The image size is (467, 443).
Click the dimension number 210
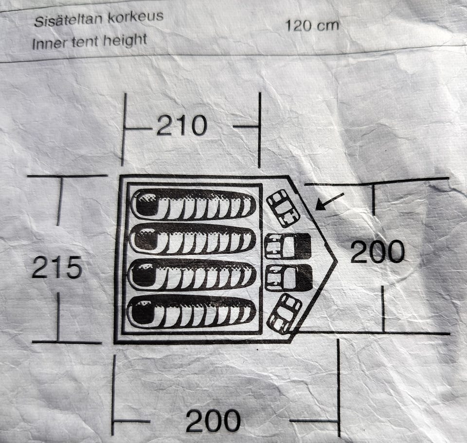(181, 126)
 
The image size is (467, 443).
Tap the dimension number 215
(56, 267)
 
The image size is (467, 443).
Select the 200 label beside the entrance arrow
(377, 252)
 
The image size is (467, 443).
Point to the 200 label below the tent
(213, 421)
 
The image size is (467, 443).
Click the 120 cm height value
(311, 25)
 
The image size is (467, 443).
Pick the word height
(124, 40)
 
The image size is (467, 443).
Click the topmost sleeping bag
(193, 204)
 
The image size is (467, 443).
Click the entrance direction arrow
(329, 201)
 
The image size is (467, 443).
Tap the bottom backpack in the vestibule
(285, 313)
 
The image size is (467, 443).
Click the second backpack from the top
(287, 246)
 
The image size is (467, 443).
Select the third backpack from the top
(288, 278)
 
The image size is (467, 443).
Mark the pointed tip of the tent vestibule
(336, 262)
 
